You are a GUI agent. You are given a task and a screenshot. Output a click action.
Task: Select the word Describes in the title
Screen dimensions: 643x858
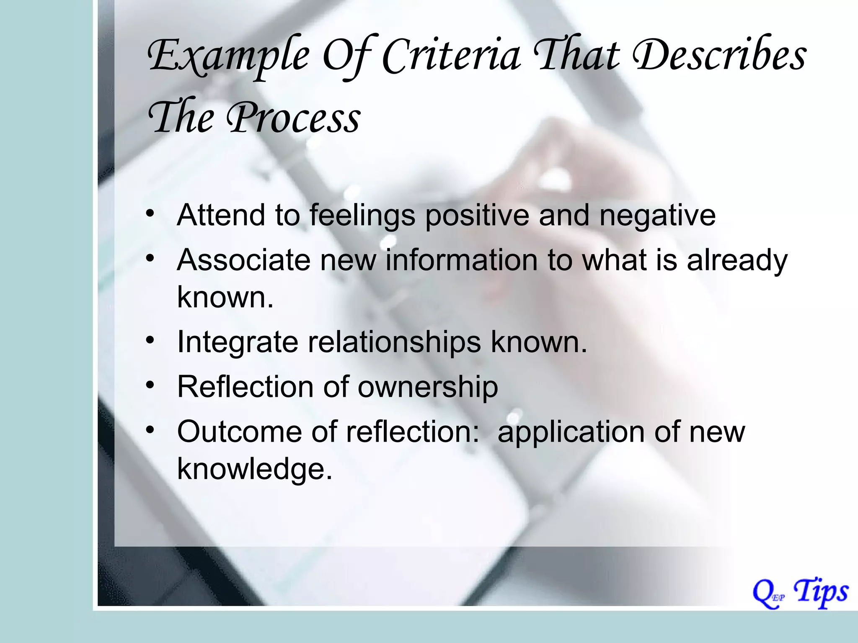point(719,57)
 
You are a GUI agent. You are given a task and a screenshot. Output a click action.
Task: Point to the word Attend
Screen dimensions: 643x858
point(221,215)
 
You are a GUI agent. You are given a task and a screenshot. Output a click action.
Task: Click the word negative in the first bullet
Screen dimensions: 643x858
point(657,216)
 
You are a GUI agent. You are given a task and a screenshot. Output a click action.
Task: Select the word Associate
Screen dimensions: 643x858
point(243,260)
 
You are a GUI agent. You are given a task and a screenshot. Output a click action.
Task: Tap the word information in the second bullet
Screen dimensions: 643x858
point(461,260)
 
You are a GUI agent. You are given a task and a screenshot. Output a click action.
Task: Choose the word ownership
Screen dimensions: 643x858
point(427,387)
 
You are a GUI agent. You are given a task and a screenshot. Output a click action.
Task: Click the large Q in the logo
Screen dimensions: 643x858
point(763,594)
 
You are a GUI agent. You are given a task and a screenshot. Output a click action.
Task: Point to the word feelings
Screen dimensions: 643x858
point(362,216)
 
